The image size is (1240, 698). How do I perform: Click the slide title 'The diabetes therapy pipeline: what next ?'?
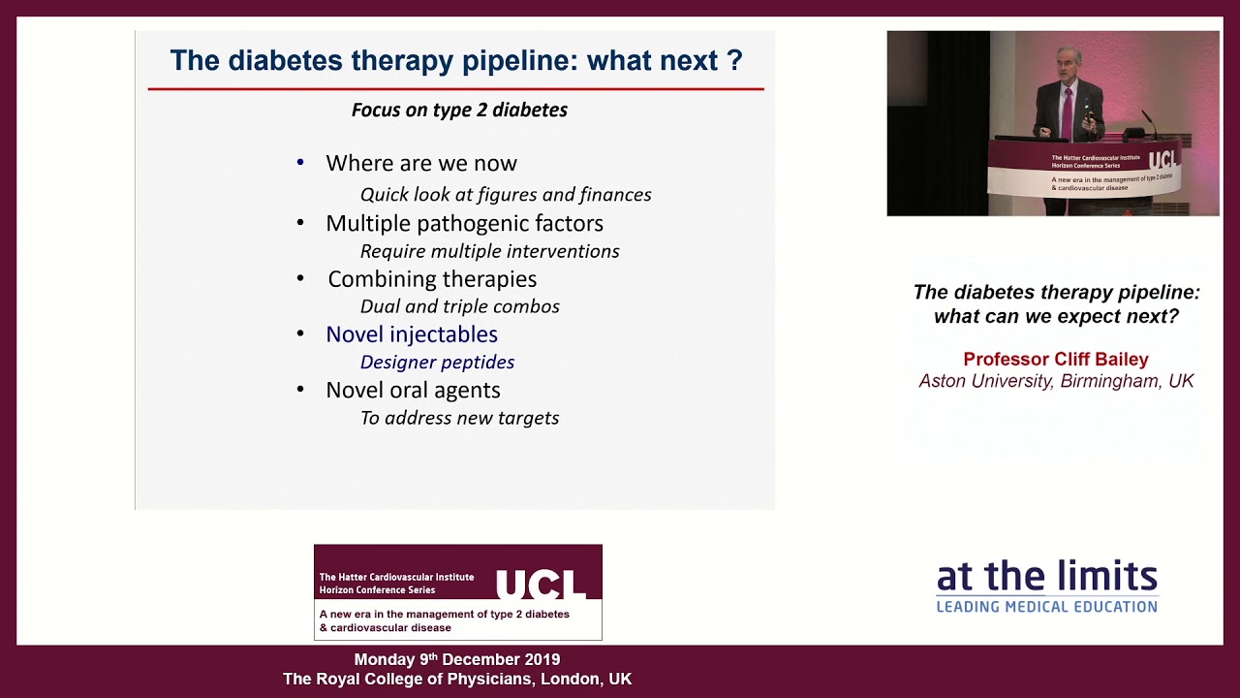coord(455,61)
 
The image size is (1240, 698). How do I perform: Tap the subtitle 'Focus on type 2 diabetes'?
coord(459,110)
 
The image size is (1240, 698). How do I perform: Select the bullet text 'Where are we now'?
coord(421,163)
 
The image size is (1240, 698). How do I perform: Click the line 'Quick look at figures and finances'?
coord(506,195)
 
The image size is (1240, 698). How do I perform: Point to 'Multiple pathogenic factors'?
coord(464,223)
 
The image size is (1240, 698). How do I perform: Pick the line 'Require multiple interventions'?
coord(489,251)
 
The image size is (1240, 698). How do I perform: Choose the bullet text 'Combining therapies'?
coord(432,279)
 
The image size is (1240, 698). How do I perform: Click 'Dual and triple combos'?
coord(459,306)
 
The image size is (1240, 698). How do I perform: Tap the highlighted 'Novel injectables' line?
coord(412,334)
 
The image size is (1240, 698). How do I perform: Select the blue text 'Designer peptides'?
coord(437,363)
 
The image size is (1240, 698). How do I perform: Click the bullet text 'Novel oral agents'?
coord(413,390)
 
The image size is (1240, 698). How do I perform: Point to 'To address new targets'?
coord(459,418)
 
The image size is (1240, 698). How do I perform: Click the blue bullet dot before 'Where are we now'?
coord(300,162)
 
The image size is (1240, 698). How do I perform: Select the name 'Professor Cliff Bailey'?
coord(1056,360)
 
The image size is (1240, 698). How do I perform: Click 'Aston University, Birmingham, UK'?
coord(1056,381)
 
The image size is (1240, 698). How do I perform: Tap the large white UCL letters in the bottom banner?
coord(541,585)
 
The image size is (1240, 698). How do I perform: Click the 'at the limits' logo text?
coord(1046,578)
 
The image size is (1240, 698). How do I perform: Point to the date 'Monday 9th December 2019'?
coord(456,660)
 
